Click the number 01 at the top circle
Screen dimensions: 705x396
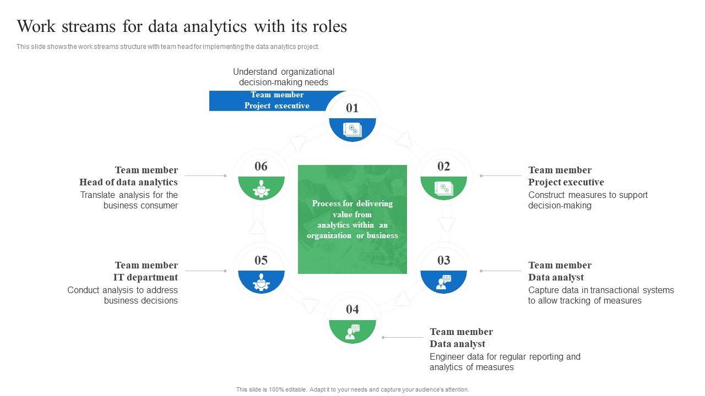click(352, 108)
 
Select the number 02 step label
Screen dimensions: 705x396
click(443, 166)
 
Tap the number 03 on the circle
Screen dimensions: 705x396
click(443, 260)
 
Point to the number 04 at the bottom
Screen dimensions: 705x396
click(352, 309)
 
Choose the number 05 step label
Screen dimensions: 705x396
click(261, 260)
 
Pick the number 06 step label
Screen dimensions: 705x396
click(261, 166)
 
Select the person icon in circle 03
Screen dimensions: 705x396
click(443, 282)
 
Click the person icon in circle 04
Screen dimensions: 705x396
click(352, 331)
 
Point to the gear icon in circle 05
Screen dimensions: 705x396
click(261, 282)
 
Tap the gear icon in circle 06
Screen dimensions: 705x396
click(261, 188)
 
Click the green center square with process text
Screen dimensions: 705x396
click(352, 219)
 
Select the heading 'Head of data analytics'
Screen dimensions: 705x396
click(128, 182)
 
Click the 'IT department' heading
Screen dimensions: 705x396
click(145, 277)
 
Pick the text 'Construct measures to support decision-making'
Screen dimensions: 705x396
click(588, 200)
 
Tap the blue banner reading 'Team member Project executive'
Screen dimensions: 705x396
click(276, 101)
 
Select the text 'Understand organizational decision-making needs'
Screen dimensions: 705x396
click(284, 77)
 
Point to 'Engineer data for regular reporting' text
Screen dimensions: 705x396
click(505, 357)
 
